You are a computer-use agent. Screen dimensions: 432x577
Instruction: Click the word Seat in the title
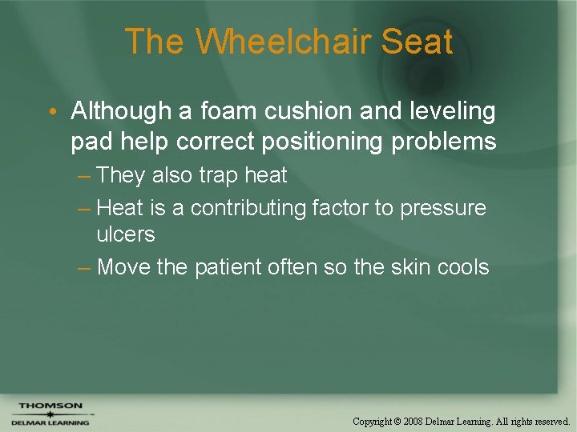(x=417, y=42)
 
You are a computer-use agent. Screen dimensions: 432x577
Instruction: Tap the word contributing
(x=248, y=208)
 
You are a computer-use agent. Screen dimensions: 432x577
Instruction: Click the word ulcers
(x=125, y=234)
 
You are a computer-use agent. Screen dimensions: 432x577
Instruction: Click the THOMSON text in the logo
(x=50, y=406)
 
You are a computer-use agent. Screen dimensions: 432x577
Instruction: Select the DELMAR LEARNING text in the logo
(x=50, y=422)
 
